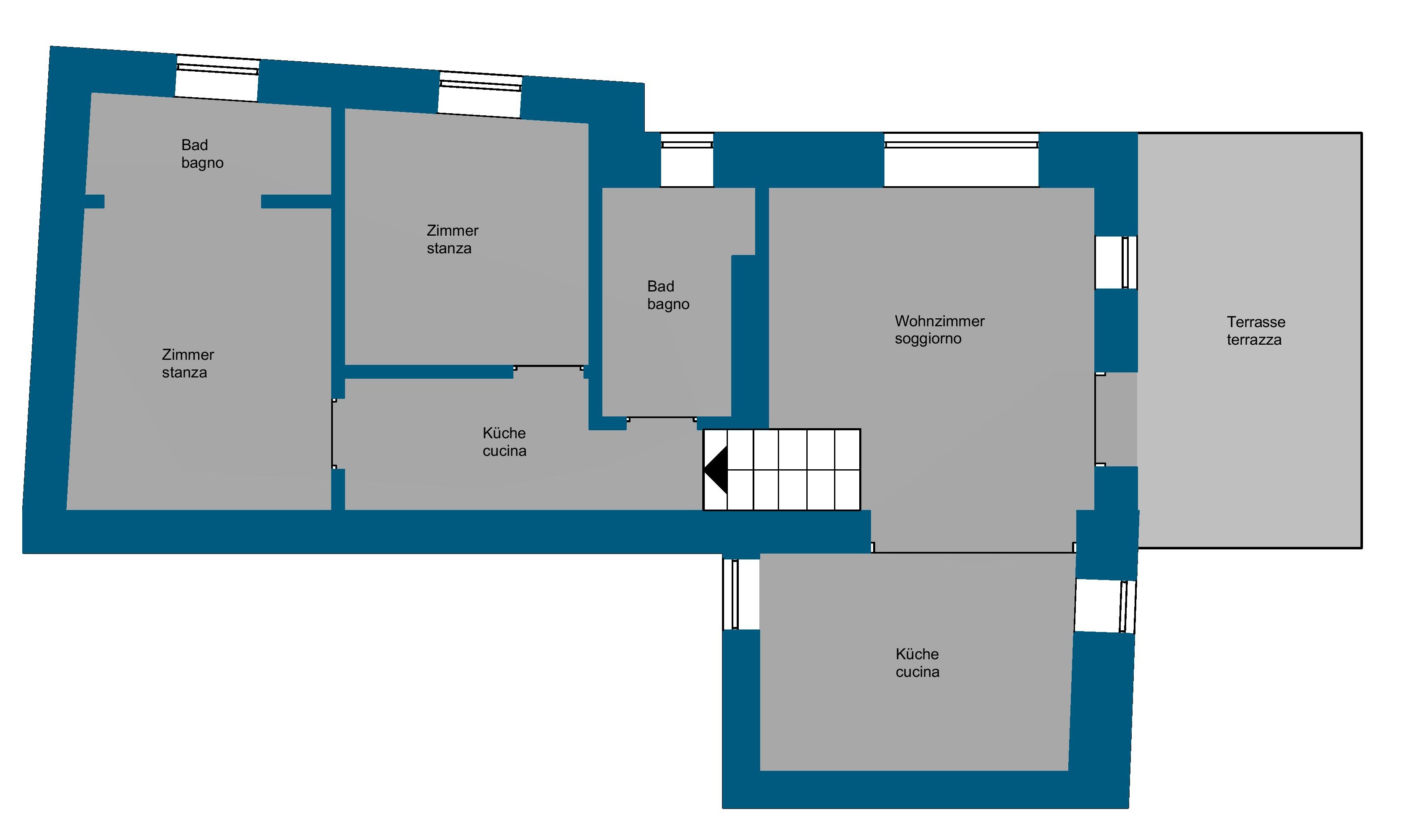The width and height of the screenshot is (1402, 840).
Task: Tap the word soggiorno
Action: [x=928, y=339]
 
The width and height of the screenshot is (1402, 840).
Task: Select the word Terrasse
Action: [x=1256, y=322]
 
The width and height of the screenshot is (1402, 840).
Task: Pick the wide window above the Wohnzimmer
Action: [x=961, y=160]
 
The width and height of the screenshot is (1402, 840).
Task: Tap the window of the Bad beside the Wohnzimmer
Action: [x=687, y=160]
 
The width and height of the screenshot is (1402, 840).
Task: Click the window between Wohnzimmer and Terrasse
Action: [x=1116, y=262]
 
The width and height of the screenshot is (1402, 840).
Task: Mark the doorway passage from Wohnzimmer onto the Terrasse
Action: [x=1116, y=419]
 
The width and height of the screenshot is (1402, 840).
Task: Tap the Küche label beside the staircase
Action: [x=504, y=433]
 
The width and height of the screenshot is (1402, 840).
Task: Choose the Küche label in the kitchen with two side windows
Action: [x=917, y=654]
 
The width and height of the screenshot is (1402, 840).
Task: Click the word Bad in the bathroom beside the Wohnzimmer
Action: [x=661, y=286]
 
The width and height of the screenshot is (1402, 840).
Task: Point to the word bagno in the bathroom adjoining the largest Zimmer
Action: [x=202, y=164]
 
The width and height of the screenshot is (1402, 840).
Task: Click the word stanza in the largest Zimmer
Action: [x=184, y=372]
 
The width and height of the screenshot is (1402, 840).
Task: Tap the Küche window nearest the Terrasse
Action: [x=1105, y=606]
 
